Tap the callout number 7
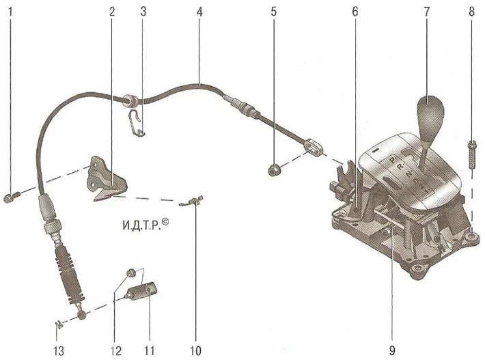point(427,12)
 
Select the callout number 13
point(59,350)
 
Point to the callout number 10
point(196,350)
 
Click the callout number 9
point(392,350)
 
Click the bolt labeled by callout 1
point(12,197)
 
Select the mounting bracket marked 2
point(107,180)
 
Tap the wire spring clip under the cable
point(136,123)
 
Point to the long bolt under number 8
point(472,154)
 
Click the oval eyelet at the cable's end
point(314,147)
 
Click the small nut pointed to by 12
point(131,273)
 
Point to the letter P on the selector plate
point(393,160)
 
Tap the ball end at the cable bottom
point(82,315)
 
